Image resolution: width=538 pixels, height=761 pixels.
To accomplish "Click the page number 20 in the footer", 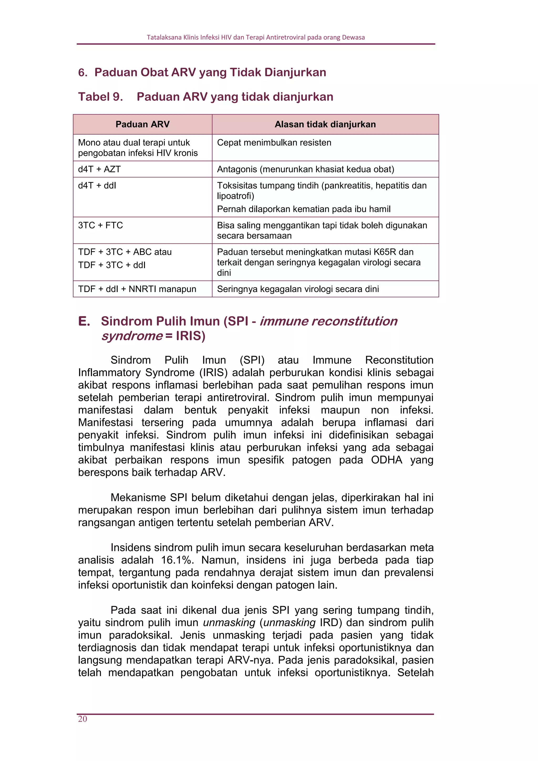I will pos(82,719).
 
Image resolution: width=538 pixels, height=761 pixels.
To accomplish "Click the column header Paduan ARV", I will pos(142,124).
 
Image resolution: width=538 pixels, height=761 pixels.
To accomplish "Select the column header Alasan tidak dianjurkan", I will pos(325,124).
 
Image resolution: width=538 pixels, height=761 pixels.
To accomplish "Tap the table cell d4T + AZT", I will pos(99,169).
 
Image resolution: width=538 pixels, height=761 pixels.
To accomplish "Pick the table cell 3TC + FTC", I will pos(100,225).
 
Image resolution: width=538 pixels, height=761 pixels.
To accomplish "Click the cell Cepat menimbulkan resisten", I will pos(274,142).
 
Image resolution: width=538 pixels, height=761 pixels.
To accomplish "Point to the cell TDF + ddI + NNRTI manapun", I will pos(137,289).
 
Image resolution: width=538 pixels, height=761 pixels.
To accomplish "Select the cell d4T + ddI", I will pos(97,186).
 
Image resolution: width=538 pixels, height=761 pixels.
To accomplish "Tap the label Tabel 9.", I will pos(100,97).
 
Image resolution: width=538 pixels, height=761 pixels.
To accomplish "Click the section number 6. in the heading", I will pos(83,73).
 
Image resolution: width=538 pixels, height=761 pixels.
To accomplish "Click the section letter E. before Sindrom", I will pos(84,321).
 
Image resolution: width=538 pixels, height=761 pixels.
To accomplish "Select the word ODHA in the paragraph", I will pos(386,460).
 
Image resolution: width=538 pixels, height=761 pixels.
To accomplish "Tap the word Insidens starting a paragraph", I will pos(131,547).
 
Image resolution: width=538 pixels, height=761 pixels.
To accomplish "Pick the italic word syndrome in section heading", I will pos(132,336).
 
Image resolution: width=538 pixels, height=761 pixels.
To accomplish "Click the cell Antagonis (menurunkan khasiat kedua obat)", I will pos(306,169).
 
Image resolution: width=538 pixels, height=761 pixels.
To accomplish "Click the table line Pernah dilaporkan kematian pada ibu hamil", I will pos(303,209).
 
